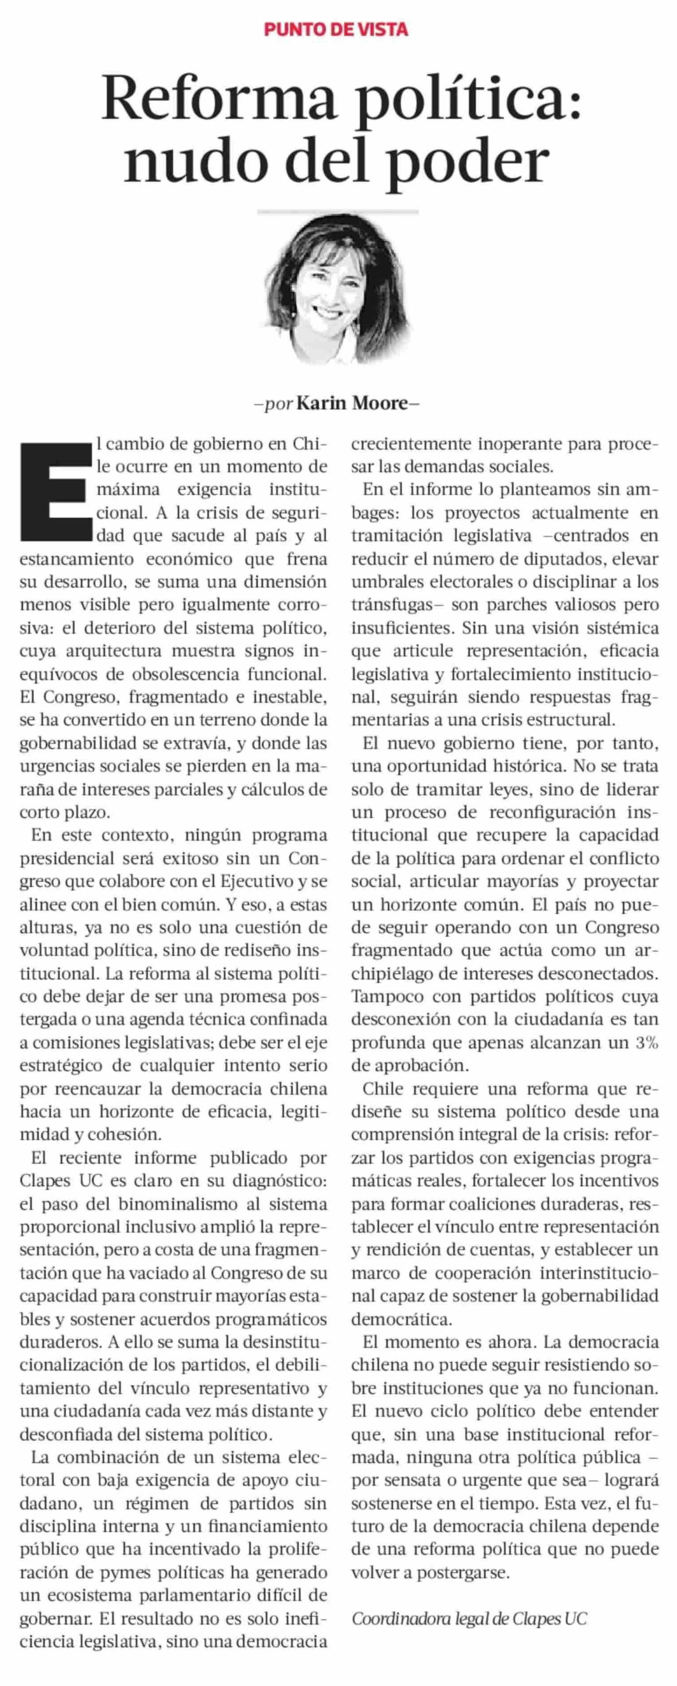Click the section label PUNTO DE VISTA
click(335, 29)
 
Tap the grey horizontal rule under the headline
click(338, 211)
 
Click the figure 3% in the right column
click(646, 1043)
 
